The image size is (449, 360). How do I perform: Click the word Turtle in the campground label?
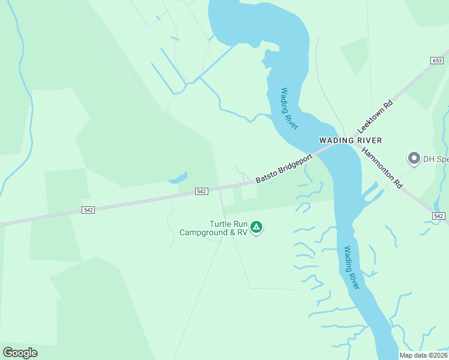220,224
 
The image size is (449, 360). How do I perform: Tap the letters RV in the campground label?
242,232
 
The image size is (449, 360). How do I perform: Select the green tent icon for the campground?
256,227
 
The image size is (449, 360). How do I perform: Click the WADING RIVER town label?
350,140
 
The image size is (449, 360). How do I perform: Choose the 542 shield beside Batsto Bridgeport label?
202,191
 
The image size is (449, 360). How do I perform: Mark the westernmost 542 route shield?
89,209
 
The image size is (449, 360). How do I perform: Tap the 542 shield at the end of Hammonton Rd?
439,216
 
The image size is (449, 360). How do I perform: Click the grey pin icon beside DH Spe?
414,158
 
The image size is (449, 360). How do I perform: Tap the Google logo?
20,353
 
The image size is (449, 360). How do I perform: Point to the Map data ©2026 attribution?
423,355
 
